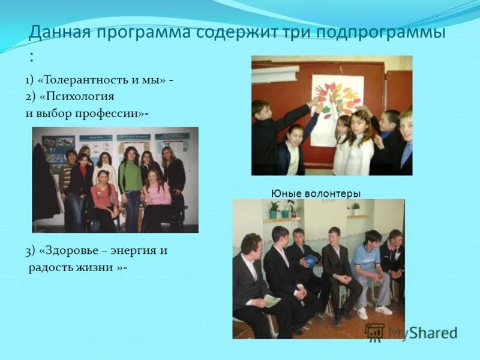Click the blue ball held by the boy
[x=311, y=261]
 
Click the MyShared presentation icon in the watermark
[x=375, y=332]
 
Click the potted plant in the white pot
[x=356, y=209]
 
